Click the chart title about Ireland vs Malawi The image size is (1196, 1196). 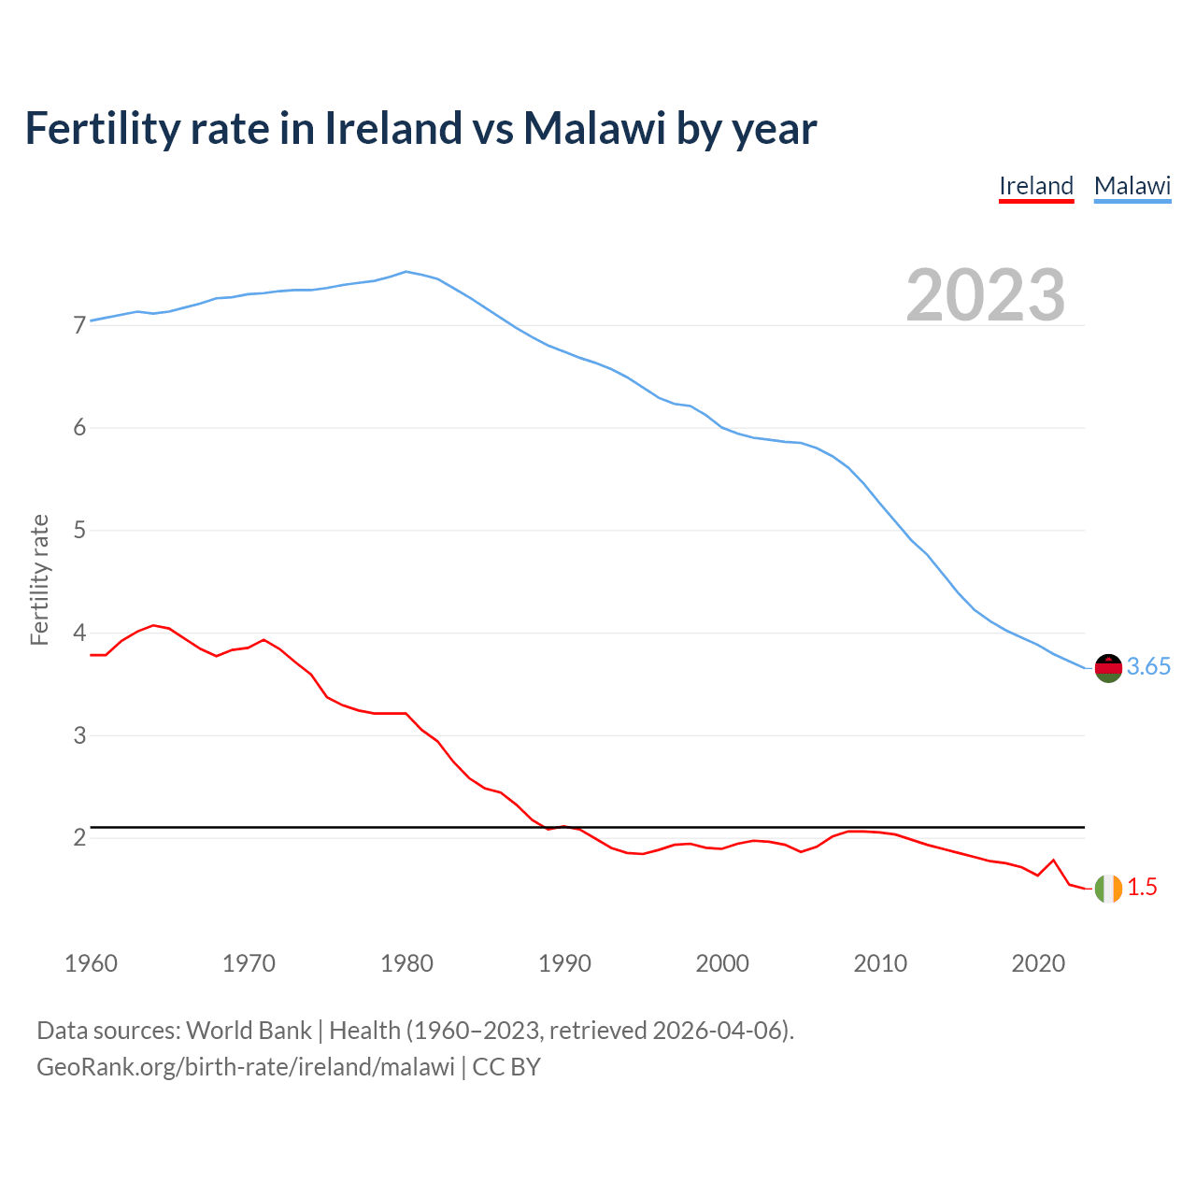(420, 128)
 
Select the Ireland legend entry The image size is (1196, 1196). (1036, 186)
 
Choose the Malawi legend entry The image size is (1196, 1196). (1132, 186)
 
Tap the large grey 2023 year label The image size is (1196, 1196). (985, 295)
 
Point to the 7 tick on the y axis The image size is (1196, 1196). (78, 325)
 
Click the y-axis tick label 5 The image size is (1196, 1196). (78, 531)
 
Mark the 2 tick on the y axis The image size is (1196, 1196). (78, 837)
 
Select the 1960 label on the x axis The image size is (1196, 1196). (91, 963)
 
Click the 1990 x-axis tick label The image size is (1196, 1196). (564, 963)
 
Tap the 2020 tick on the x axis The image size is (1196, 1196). (1038, 963)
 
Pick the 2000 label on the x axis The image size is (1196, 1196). (722, 963)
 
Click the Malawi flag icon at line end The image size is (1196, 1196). (1108, 668)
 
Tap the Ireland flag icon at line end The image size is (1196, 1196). (1108, 889)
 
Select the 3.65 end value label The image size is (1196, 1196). (1148, 667)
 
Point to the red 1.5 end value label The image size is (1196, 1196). (1142, 888)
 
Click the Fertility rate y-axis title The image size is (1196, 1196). (39, 579)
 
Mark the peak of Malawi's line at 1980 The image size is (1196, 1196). (406, 272)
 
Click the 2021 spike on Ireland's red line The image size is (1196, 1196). (1054, 860)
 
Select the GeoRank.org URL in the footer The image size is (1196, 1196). (246, 1067)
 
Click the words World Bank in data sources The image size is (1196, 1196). (249, 1031)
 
